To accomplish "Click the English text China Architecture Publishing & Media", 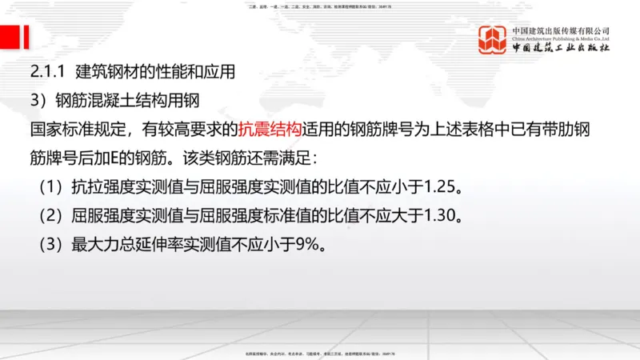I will (x=561, y=38).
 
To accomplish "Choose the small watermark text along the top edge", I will (x=319, y=7).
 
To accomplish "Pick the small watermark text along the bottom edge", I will (x=319, y=353).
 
